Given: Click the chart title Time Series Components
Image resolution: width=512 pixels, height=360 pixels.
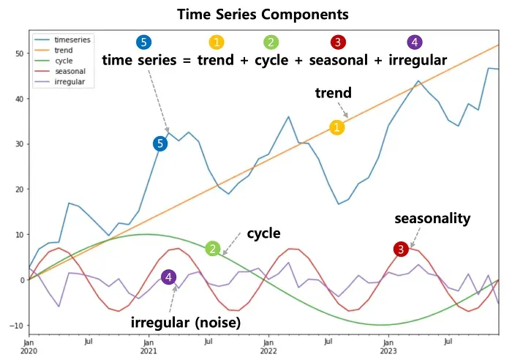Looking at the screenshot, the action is tap(263, 15).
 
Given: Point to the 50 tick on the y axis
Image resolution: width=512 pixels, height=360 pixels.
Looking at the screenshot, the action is tap(20, 53).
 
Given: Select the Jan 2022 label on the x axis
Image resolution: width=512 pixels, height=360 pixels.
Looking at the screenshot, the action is tap(268, 347).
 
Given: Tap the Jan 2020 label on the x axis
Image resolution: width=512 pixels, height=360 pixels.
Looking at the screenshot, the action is tap(29, 347).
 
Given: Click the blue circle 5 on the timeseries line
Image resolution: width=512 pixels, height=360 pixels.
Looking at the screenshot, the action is tap(160, 143).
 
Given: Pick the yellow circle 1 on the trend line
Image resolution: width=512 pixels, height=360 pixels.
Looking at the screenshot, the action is tap(337, 127).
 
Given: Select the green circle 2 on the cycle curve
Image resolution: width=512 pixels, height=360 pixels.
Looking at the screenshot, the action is tap(213, 249).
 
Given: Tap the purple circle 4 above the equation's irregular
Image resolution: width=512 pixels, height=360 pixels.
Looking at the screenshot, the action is tap(415, 42).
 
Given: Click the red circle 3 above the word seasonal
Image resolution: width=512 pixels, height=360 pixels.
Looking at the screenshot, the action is tap(338, 42).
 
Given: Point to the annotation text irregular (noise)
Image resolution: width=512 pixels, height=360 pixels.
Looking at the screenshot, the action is tap(186, 323).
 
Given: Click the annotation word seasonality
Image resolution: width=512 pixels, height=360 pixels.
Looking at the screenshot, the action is tap(432, 219).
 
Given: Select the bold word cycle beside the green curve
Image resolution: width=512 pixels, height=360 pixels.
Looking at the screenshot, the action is tap(263, 233).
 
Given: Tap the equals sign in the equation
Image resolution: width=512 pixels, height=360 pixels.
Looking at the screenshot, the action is tap(187, 61).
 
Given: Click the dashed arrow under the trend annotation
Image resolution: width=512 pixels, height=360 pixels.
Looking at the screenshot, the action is tap(343, 110).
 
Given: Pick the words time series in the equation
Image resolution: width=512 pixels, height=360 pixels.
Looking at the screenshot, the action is tap(140, 61).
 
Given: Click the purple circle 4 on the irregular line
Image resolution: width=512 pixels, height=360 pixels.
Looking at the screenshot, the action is tap(168, 277).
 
